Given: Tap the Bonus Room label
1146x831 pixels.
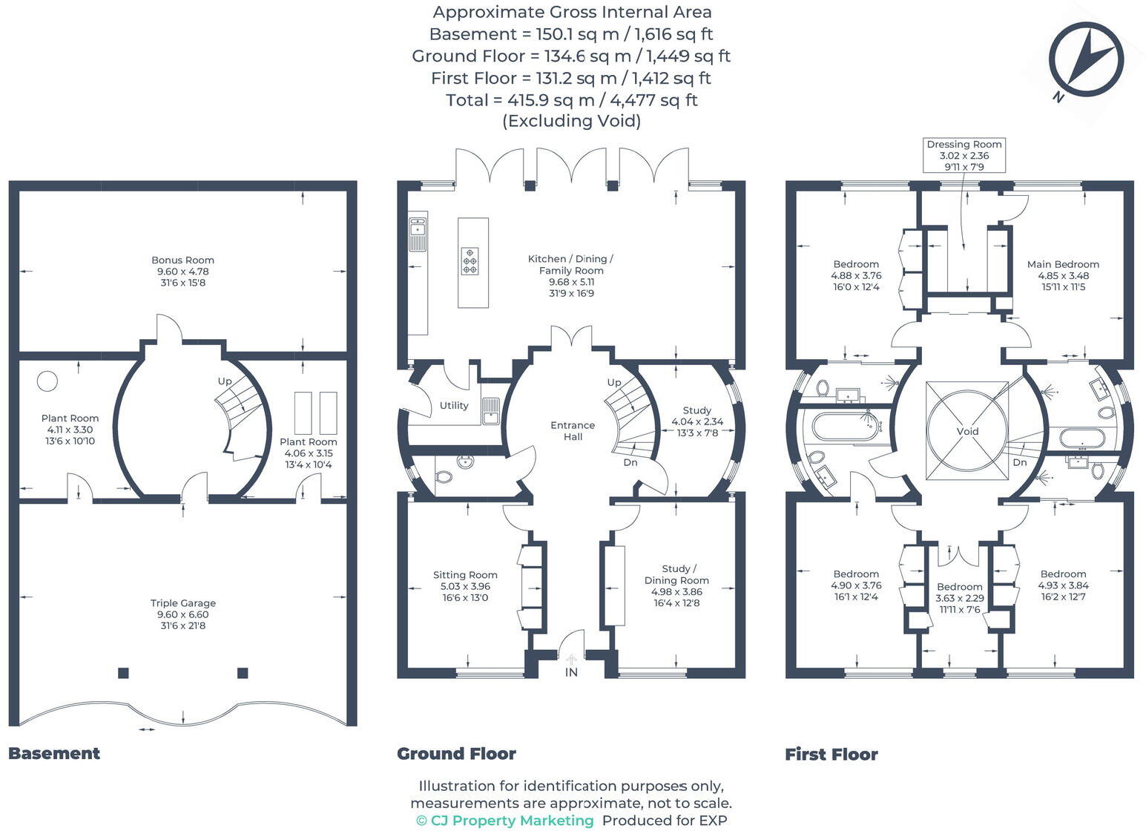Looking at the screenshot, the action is pos(182,272).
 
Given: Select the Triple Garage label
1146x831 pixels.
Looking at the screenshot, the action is pos(182,614).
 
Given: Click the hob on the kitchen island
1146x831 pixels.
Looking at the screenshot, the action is pos(470,261).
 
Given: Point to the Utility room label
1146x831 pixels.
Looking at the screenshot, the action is pos(454,406).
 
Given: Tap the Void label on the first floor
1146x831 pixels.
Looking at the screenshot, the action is pos(967,431).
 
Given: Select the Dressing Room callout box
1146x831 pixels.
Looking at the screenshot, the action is pos(964,155).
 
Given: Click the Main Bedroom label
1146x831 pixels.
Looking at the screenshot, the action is pos(1063,275).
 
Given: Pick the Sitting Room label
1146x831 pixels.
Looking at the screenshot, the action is pos(465,586).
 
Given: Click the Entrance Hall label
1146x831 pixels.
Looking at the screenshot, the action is pos(573,431).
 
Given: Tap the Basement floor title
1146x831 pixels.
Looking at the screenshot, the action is pos(54,753).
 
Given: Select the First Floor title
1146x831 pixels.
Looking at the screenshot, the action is pos(831,755).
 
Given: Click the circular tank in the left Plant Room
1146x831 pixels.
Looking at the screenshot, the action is pos(47,381).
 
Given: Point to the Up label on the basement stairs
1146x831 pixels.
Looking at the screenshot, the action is pos(225,381).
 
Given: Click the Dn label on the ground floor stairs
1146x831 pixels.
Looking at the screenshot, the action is pos(630,462).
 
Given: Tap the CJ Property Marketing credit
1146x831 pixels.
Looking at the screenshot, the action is pos(505,821).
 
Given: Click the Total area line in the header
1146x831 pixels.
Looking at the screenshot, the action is pos(571,99).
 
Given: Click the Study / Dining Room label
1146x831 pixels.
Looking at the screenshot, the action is pos(676,586).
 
